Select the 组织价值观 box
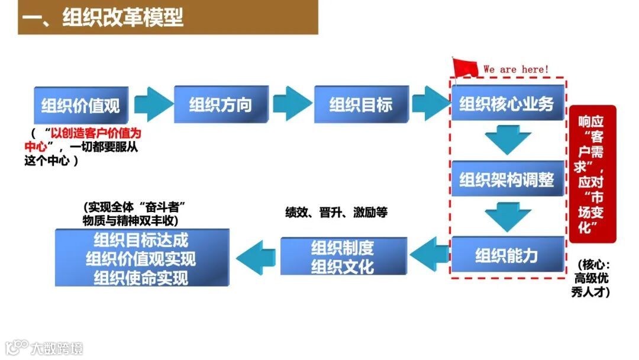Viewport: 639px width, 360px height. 80,105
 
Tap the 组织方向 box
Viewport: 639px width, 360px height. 221,105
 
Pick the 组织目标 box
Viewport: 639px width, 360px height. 361,105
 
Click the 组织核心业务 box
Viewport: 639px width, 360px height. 506,104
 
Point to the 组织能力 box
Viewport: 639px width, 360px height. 506,255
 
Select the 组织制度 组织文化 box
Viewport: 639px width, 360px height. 343,256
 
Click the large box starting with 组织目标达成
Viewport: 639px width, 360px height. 141,258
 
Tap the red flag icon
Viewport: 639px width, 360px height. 464,67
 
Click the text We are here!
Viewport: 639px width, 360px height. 516,69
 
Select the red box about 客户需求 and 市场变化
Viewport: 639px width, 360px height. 592,173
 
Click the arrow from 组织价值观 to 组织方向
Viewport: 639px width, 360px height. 153,105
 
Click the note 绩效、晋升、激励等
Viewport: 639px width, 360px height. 336,213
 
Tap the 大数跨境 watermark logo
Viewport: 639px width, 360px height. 44,348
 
